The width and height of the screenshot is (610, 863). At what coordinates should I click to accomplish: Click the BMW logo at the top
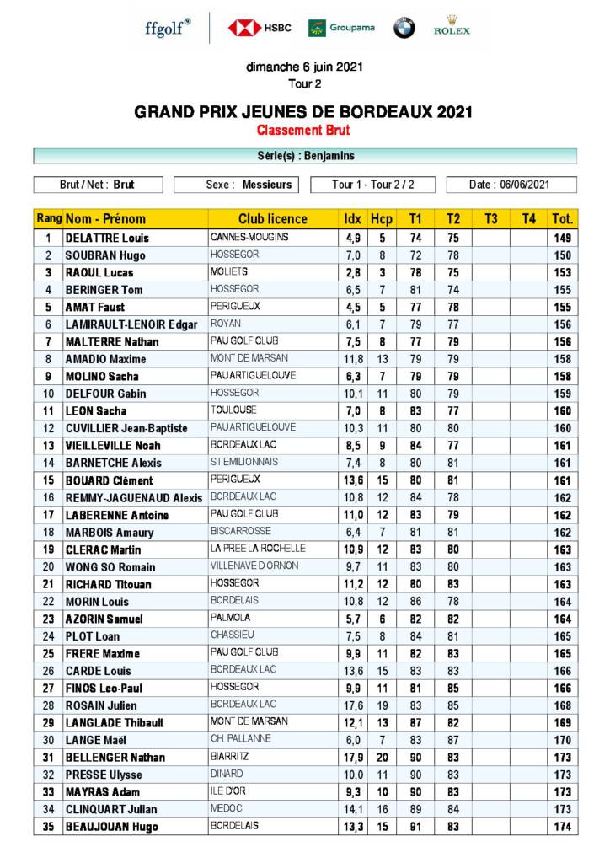(404, 28)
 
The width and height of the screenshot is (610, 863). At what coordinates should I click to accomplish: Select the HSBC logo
(260, 28)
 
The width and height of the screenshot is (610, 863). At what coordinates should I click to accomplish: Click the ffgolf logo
(168, 28)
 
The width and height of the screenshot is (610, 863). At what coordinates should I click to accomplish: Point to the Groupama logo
(341, 28)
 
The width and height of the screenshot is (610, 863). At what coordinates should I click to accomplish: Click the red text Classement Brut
(303, 131)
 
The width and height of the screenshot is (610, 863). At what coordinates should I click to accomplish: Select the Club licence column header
(272, 219)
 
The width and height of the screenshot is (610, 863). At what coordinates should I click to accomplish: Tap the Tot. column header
(563, 219)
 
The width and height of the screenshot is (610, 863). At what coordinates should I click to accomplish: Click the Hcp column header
(382, 219)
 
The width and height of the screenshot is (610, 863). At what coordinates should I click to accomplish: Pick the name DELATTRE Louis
(107, 239)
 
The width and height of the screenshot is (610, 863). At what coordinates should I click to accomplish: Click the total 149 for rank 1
(563, 239)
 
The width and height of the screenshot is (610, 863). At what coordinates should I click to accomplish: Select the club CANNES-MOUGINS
(249, 238)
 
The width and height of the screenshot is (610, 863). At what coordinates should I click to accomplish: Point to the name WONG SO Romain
(110, 567)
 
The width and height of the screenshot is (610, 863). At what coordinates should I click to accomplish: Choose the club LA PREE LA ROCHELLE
(258, 549)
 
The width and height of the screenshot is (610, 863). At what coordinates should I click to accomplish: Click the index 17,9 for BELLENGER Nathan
(353, 758)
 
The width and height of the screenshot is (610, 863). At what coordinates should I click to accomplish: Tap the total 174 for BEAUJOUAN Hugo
(563, 827)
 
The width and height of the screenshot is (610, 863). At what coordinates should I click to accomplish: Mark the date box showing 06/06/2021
(511, 185)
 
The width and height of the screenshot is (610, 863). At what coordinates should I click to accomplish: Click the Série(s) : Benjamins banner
(305, 156)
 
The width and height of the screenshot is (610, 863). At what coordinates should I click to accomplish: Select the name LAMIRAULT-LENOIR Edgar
(131, 324)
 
